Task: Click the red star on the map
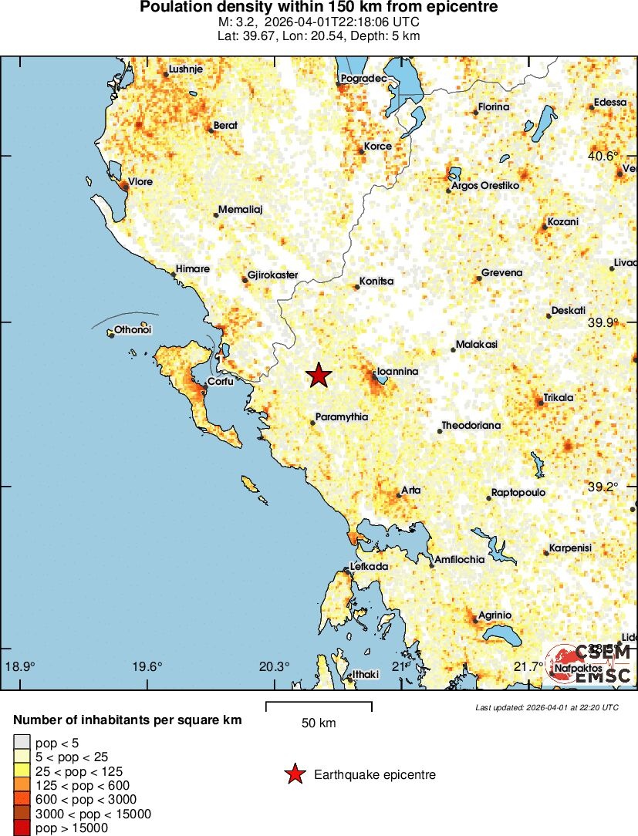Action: point(319,376)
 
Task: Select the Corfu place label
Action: point(221,381)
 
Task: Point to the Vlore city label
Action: point(140,182)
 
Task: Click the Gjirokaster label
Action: point(274,275)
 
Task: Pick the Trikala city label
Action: point(559,398)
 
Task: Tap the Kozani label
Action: point(562,222)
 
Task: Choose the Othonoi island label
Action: point(133,330)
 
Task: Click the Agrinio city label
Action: point(495,615)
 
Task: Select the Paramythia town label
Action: point(342,417)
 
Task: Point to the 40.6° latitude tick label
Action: point(603,157)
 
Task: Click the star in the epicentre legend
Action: point(294,774)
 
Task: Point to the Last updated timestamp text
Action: point(547,707)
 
